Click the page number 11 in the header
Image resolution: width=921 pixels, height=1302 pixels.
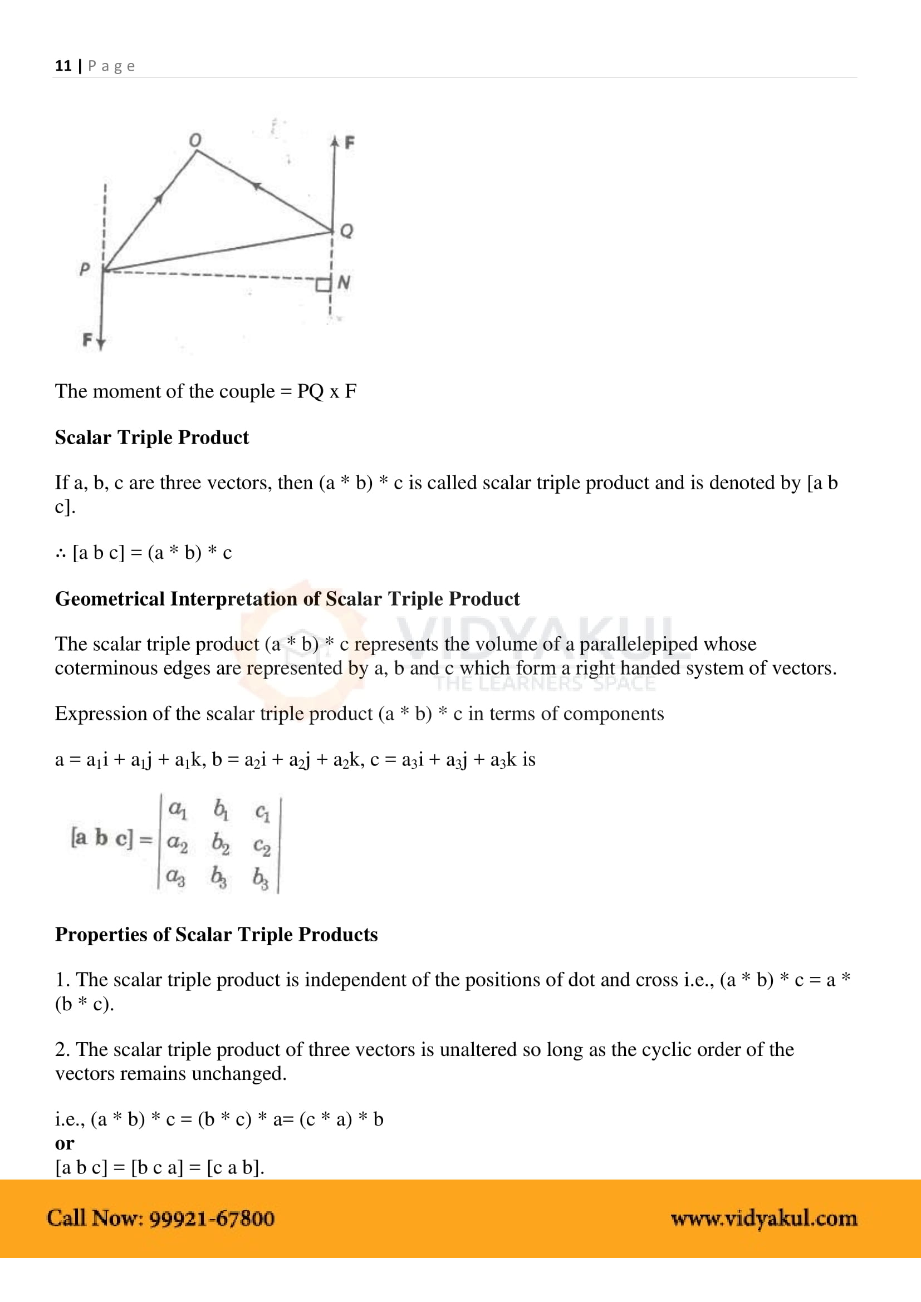coord(63,66)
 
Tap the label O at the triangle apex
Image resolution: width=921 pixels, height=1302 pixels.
coord(194,140)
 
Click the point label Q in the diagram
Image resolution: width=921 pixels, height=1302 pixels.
coord(346,231)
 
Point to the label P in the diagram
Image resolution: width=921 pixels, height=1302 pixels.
coord(85,268)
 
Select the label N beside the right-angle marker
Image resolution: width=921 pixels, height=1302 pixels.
coord(344,282)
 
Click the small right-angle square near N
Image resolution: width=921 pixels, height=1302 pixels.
coord(323,284)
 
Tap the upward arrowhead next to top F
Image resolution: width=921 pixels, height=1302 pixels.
coord(335,141)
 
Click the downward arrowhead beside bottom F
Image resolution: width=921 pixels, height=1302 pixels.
coord(101,342)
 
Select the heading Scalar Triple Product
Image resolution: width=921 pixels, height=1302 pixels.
coord(151,437)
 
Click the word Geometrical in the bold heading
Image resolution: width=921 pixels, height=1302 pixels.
coord(110,599)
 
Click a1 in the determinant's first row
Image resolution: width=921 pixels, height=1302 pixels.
coord(178,809)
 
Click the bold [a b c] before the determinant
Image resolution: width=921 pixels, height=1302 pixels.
coord(101,838)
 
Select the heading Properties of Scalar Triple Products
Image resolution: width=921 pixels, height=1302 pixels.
coord(216,935)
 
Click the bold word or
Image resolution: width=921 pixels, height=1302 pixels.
coord(65,1143)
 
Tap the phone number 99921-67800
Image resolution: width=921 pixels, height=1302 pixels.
coord(212,1219)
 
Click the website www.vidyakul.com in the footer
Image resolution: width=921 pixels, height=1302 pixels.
coord(763,1219)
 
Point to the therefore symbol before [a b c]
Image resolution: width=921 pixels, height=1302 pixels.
coord(61,553)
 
